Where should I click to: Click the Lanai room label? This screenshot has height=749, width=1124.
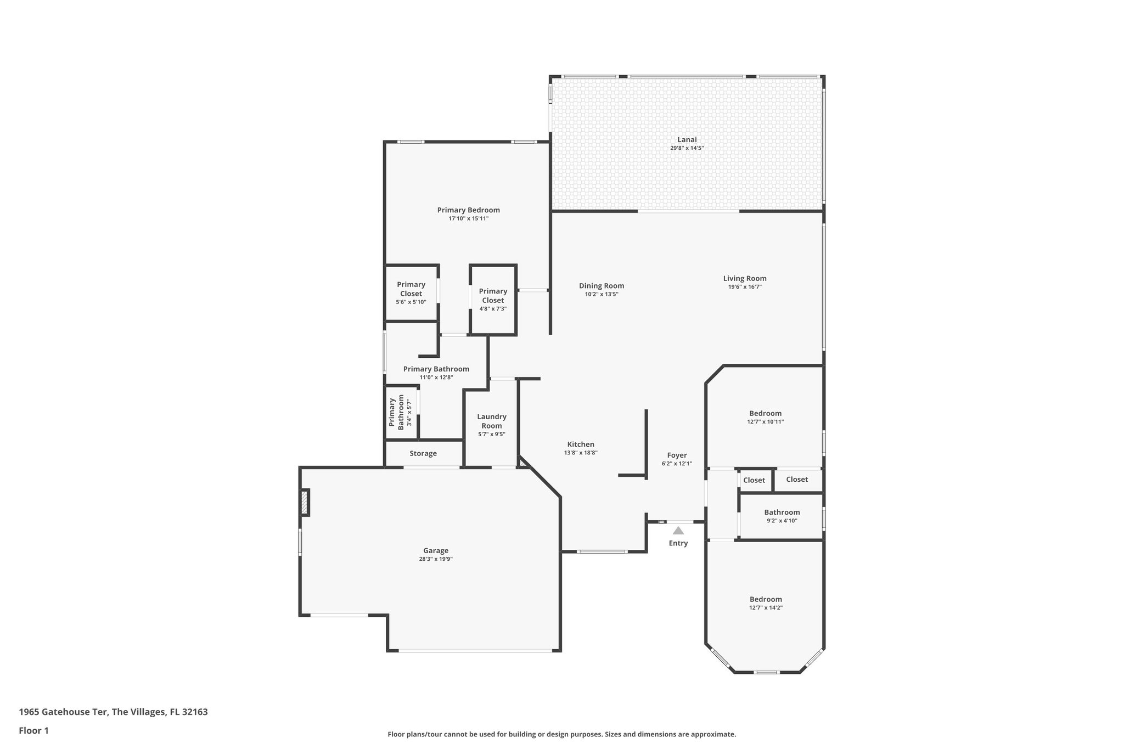point(687,139)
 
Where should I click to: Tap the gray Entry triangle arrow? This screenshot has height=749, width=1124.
point(678,531)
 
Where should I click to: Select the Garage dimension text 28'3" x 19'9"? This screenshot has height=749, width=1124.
point(436,559)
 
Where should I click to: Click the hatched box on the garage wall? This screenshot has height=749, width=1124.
point(305,503)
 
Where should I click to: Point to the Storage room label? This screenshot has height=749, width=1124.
point(423,453)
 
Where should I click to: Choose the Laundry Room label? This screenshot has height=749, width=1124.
point(492,421)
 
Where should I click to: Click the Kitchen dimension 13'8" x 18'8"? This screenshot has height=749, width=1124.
point(581,453)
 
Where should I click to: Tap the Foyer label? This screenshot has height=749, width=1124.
point(677,455)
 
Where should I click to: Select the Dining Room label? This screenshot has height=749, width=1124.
point(602,285)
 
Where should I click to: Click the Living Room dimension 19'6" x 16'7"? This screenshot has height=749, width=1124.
point(745,287)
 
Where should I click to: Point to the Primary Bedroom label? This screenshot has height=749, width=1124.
point(468,210)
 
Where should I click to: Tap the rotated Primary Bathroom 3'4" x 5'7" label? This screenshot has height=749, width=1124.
point(401,412)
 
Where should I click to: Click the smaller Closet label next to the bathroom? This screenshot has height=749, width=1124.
point(754,480)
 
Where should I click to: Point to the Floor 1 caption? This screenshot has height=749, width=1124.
point(34,730)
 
